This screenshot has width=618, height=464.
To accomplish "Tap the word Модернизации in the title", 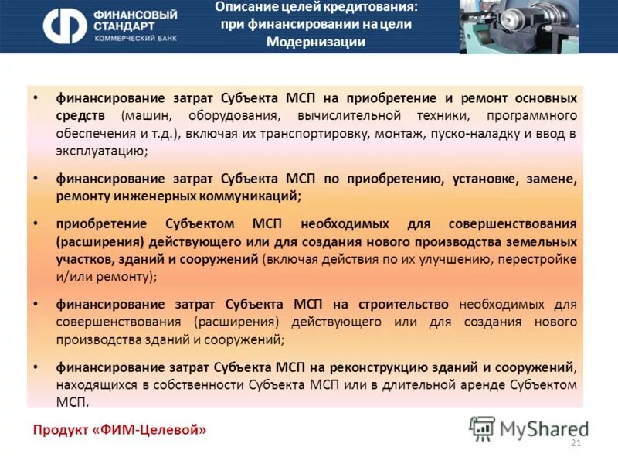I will coord(315,42).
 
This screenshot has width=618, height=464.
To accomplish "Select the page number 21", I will coord(575,442).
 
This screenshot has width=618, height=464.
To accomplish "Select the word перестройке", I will coord(540,258).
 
